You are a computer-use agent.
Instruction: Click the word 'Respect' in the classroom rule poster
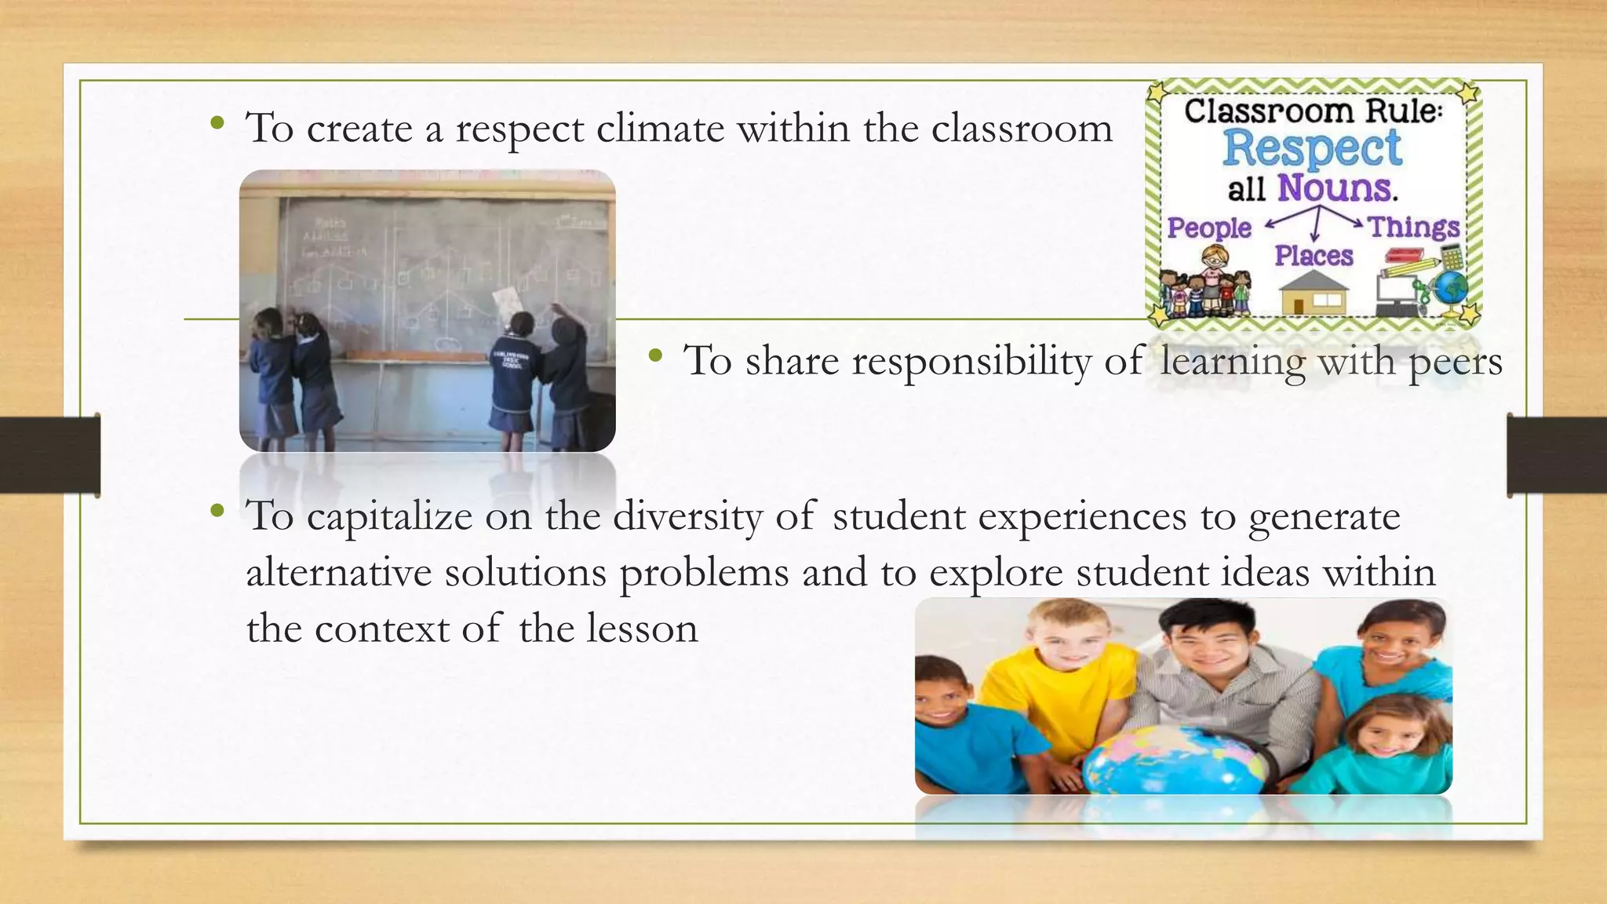tap(1312, 148)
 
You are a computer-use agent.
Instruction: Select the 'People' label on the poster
tap(1208, 228)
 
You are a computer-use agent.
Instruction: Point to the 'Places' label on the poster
tap(1314, 256)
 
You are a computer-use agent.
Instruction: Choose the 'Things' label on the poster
tap(1414, 227)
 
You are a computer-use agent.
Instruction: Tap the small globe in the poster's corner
tap(1452, 287)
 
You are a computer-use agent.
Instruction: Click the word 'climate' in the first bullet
tap(660, 128)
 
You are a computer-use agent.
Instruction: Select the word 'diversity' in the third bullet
tap(687, 517)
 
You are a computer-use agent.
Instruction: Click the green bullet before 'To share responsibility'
tap(655, 358)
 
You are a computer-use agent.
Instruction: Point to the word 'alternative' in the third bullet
tap(338, 573)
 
